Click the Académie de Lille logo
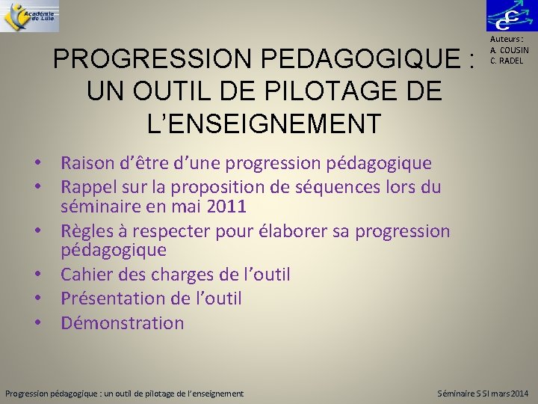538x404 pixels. point(30,16)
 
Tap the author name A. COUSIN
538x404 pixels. point(509,51)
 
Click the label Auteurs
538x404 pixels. point(507,40)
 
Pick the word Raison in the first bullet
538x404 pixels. point(86,162)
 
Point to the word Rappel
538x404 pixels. point(87,186)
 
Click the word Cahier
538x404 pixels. point(84,275)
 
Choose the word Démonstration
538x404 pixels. point(122,323)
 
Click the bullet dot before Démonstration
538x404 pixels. point(47,323)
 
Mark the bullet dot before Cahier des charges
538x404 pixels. point(47,275)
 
